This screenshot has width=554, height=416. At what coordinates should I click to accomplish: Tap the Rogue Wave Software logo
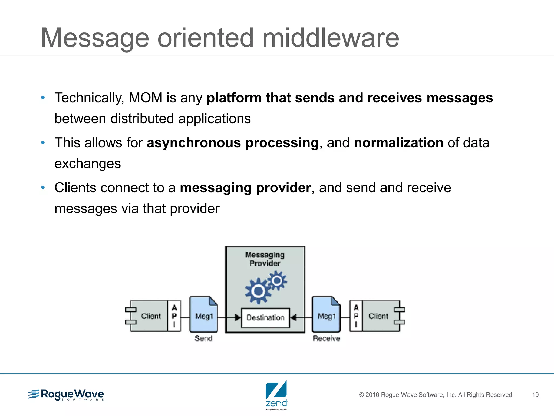pos(66,395)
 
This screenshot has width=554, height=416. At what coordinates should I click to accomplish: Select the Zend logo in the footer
pos(276,395)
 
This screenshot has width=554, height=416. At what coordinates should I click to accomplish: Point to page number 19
pos(535,395)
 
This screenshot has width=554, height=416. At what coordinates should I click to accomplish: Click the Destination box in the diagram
pos(265,318)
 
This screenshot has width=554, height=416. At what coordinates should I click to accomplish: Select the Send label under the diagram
pos(203,338)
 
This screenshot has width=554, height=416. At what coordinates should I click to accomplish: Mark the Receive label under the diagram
pos(326,338)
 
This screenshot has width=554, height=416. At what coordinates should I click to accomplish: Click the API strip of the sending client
pos(174,316)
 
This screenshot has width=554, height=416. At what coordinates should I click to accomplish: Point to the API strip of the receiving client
pos(356,316)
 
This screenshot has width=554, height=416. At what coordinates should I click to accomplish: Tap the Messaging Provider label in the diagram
pos(265,259)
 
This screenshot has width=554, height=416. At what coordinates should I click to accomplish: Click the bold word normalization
pos(398,143)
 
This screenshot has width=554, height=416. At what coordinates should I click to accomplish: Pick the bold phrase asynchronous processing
pos(233,143)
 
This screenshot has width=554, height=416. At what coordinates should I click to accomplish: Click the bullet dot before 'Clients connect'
pos(43,187)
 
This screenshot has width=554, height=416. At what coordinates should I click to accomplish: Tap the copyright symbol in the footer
pos(361,395)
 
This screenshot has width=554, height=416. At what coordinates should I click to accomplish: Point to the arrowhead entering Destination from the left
pos(238,317)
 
